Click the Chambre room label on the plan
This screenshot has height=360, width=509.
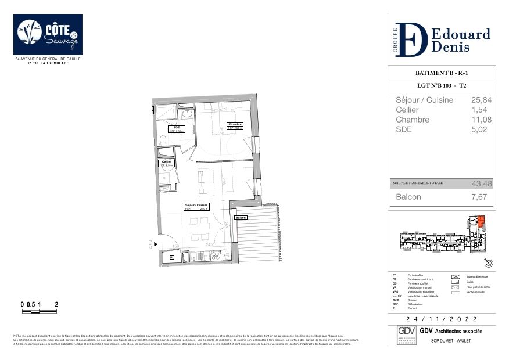click(x=235, y=125)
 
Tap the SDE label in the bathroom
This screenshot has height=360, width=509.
click(x=176, y=129)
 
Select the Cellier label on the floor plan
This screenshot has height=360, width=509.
click(x=166, y=163)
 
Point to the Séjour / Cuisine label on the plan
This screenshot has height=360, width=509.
click(x=196, y=206)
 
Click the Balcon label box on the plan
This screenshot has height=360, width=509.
click(x=240, y=217)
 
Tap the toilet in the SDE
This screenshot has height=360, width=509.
click(x=164, y=140)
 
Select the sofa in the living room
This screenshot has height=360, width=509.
click(x=206, y=181)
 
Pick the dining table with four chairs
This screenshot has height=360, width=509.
click(x=200, y=228)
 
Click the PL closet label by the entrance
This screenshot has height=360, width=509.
click(x=171, y=257)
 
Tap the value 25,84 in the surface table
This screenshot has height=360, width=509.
click(x=481, y=100)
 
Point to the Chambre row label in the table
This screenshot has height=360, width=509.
click(x=413, y=120)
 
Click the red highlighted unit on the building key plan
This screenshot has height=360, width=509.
click(x=482, y=222)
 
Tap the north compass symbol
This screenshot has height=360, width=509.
click(x=489, y=262)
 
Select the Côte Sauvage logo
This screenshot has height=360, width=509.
click(x=48, y=34)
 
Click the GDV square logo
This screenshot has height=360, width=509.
click(x=406, y=336)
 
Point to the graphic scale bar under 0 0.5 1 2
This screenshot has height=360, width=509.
click(x=40, y=312)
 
